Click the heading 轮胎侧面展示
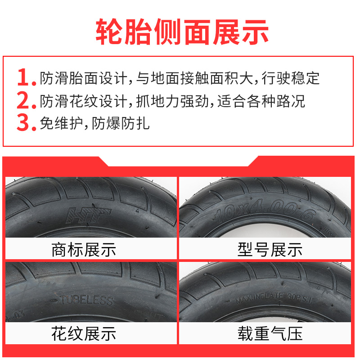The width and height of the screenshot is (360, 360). click(182, 31)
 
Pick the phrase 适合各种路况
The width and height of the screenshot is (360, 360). click(261, 100)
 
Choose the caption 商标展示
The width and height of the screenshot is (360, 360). click(84, 249)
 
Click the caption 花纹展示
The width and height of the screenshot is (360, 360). click(84, 333)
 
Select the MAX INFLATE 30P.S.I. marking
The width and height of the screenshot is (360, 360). click(270, 298)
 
